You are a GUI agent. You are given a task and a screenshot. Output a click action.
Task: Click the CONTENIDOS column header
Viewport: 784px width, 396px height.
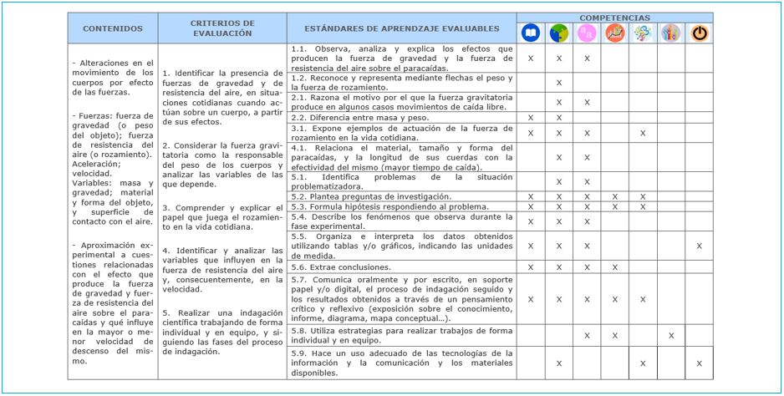[113, 29]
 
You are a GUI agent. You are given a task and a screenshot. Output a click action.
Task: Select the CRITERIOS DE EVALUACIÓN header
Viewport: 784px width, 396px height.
[222, 29]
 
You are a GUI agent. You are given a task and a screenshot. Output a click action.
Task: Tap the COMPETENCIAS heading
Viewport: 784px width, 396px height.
[614, 18]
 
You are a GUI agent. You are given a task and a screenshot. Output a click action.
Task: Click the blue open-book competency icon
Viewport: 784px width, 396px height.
[531, 33]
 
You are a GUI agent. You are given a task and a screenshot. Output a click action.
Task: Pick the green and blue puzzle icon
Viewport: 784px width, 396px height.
[559, 33]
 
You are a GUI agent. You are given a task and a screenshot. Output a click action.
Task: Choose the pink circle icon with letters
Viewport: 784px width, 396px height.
[587, 33]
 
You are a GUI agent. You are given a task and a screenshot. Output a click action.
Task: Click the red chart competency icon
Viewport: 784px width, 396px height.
[615, 33]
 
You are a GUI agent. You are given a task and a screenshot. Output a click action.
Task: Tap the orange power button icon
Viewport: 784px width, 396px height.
[699, 33]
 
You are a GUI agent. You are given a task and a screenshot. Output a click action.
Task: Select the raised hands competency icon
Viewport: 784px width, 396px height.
[671, 33]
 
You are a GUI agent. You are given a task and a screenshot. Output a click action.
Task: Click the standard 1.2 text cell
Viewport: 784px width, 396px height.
[401, 82]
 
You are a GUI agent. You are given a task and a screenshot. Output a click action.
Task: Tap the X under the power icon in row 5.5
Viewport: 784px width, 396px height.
[699, 246]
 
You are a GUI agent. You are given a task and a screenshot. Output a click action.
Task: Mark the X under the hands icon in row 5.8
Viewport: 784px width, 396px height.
[671, 336]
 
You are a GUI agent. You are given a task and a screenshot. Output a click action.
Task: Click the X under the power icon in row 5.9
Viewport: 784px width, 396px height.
[699, 363]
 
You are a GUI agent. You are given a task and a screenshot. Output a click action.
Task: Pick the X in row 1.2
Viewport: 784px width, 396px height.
[559, 83]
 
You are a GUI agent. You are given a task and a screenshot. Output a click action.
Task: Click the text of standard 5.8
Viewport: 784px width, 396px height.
[401, 336]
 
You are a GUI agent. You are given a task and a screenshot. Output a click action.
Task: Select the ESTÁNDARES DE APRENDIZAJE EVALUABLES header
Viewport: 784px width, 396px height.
[401, 29]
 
